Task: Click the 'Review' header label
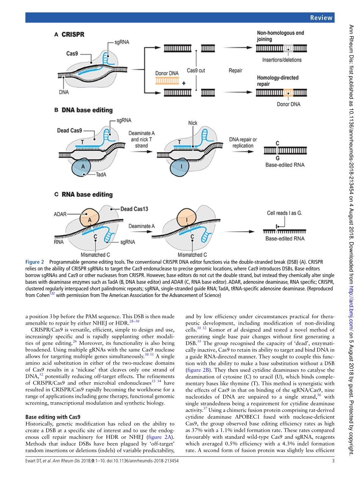[x=321, y=17]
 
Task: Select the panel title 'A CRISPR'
[x=69, y=34]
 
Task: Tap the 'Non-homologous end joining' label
[x=280, y=36]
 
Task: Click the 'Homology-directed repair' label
[x=277, y=81]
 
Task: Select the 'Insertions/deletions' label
[x=282, y=60]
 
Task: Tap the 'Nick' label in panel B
[x=193, y=123]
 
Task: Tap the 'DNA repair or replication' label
[x=243, y=142]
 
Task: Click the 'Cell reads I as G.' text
[x=284, y=213]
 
